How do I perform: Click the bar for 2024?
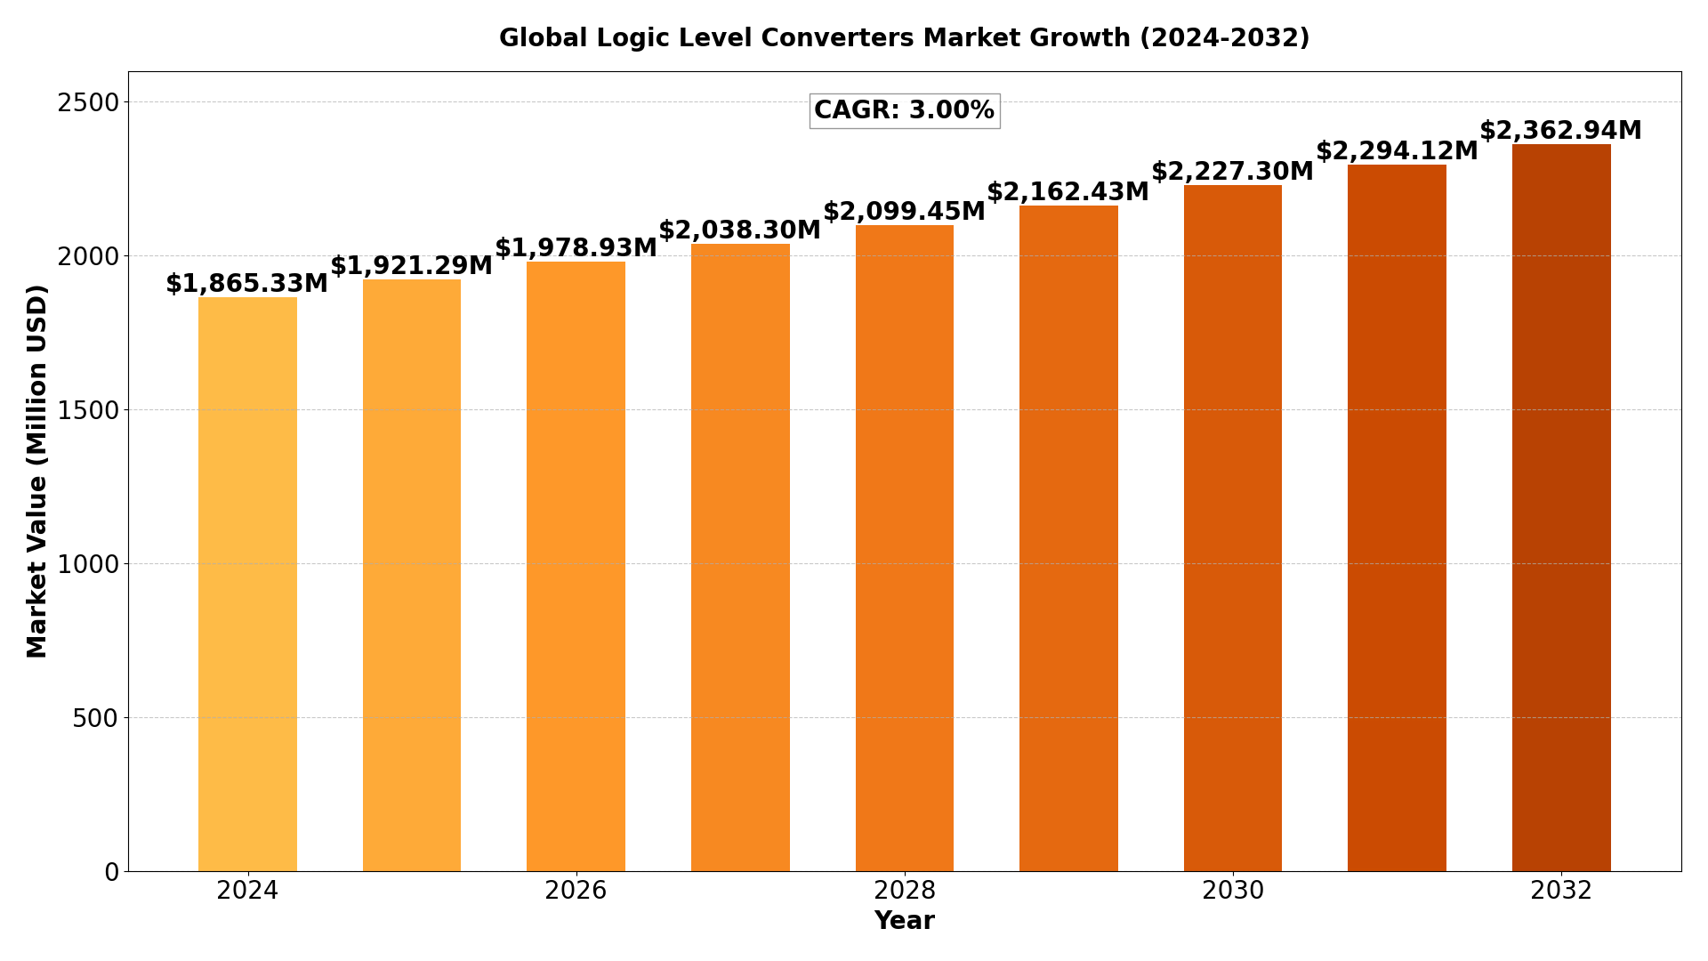click(247, 584)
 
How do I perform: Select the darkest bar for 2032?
click(1561, 507)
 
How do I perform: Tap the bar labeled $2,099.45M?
click(905, 548)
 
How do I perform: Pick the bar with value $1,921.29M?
click(412, 575)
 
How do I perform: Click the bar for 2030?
click(1233, 528)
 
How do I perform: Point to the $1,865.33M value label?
click(246, 284)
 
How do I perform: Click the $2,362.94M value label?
click(1560, 131)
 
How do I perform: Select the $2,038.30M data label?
click(739, 230)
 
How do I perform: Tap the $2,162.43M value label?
click(1067, 192)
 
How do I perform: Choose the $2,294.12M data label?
click(1397, 151)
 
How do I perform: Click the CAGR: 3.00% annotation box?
click(905, 111)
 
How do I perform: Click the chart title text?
click(905, 38)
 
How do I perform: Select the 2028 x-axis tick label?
click(905, 891)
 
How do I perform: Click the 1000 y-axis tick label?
click(88, 564)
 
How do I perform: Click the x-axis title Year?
click(905, 921)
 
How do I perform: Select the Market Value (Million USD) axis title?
click(37, 471)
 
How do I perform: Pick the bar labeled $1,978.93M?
click(576, 566)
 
